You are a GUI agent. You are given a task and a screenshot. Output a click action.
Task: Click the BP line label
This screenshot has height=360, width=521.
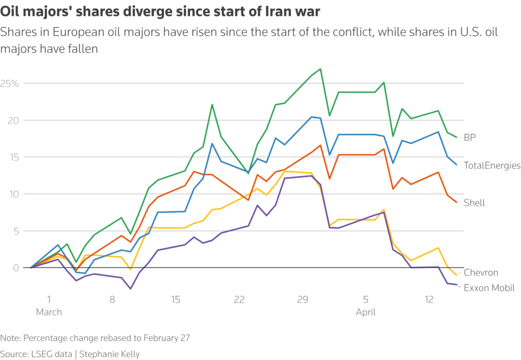pos(470,137)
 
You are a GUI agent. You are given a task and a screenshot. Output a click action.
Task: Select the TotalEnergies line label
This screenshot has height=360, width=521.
pos(491,165)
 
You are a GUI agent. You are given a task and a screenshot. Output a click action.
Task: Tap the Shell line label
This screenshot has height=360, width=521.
pos(474,203)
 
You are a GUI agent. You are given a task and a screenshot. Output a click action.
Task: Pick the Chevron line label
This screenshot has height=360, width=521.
pos(481,273)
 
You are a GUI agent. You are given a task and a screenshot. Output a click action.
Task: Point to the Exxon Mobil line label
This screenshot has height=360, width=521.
pos(489,288)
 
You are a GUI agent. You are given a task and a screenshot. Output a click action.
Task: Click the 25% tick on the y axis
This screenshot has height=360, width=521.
pos(10,83)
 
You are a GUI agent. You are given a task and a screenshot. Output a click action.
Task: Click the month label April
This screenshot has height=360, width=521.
pos(366,312)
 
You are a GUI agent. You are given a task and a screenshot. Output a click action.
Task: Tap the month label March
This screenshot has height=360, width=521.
pos(49,312)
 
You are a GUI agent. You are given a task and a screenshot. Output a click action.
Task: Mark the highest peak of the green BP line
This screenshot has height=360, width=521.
pos(320,69)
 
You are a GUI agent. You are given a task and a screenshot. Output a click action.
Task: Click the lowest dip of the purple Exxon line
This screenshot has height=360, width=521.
pos(131,289)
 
